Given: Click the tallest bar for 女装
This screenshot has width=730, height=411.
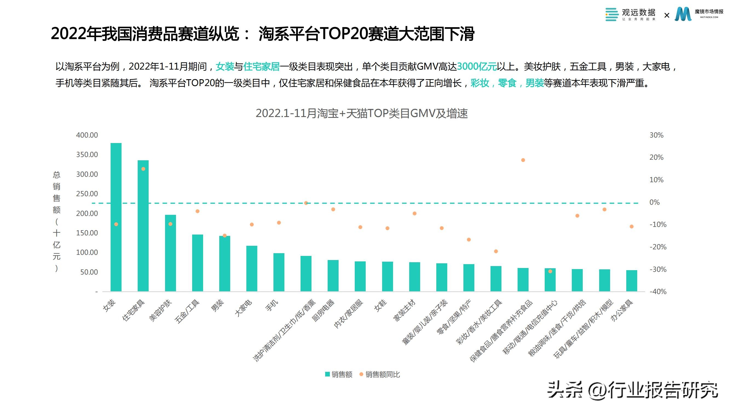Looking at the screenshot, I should point(116,199).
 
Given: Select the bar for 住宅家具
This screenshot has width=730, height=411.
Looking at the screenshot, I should point(143,227).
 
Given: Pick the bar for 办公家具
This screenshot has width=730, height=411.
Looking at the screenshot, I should point(631,281).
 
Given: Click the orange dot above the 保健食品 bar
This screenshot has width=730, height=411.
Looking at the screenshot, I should point(523,160).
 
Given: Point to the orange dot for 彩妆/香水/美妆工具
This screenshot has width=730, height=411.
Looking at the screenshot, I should point(496,251).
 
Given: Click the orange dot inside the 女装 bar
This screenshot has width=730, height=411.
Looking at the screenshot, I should point(116,224).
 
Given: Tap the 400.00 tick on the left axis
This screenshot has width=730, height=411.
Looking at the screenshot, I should point(87,135).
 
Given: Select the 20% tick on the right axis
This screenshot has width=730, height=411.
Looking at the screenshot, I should point(656,158).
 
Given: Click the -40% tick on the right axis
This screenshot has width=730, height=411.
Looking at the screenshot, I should point(658,292).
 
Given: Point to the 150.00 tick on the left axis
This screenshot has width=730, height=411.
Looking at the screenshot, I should point(87,233).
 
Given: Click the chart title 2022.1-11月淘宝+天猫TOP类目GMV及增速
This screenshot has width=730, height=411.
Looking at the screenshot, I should point(362,113).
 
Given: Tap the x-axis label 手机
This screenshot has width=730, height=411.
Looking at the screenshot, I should point(272,306).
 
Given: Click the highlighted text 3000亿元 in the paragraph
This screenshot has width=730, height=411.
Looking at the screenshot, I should point(477,67).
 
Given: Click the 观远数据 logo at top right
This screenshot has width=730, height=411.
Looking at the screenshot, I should point(630,14).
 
